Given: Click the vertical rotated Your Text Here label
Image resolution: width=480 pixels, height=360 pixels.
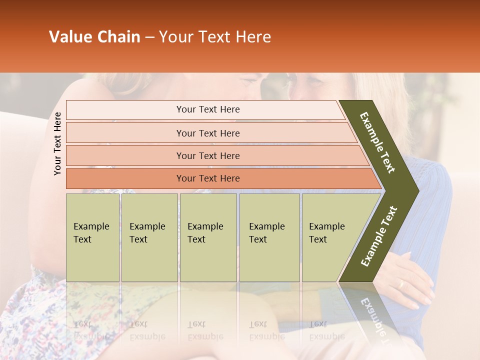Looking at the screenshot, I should [x=57, y=143].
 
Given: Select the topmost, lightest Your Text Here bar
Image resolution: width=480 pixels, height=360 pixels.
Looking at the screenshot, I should [x=208, y=109].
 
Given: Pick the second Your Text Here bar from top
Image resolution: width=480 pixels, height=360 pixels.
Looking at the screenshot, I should [x=208, y=133].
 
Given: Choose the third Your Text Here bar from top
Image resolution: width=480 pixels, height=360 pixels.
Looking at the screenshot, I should [x=208, y=155].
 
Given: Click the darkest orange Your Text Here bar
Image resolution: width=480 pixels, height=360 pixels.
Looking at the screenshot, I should [x=208, y=178].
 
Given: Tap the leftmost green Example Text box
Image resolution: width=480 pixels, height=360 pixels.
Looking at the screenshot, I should [x=92, y=237].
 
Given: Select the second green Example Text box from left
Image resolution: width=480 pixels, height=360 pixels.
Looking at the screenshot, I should [x=149, y=237].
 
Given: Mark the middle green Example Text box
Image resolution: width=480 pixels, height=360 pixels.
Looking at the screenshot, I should [x=208, y=237].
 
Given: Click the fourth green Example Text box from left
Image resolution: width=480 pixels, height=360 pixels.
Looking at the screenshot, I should [x=269, y=237].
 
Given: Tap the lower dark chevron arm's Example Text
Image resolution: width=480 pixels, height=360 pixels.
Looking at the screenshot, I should [x=379, y=236].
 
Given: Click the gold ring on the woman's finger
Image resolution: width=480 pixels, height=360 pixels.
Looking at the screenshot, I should [x=400, y=284].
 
